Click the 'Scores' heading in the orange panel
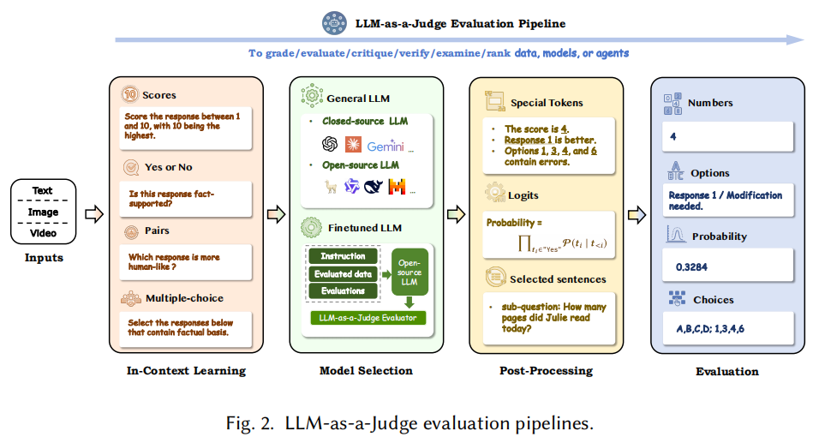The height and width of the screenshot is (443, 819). [x=159, y=95]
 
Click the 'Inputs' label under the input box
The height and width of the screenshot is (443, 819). [x=42, y=256]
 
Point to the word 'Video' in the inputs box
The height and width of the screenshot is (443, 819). [x=42, y=232]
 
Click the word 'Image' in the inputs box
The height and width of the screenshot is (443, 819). [x=42, y=212]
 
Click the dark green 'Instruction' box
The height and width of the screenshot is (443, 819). [x=343, y=256]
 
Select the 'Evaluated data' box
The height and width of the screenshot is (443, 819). [x=343, y=273]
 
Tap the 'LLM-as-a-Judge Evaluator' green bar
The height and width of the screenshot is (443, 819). [x=367, y=319]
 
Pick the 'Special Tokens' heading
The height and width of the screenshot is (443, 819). [x=547, y=103]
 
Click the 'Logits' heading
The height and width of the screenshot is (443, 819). [x=526, y=195]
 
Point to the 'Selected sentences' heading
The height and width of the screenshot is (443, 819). [x=558, y=279]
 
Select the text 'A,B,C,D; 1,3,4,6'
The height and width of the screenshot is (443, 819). [x=718, y=330]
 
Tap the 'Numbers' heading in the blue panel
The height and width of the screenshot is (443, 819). [x=711, y=103]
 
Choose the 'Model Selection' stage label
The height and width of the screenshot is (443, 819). [x=366, y=371]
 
